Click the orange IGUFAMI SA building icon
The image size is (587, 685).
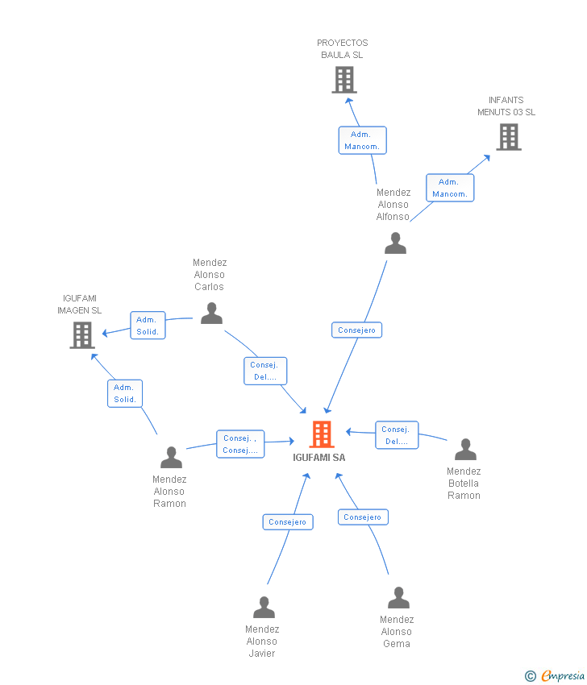pos(322,434)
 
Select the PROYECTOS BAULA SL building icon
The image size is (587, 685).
pos(344,80)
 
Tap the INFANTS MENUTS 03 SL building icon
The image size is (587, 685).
pos(509,137)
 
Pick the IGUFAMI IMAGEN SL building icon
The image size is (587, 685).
pos(82,335)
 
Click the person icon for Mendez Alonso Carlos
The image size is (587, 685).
pos(211,313)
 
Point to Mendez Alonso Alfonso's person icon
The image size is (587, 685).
pos(396,243)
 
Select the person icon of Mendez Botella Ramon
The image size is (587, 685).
pos(465,449)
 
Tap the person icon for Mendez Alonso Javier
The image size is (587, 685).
pos(264,607)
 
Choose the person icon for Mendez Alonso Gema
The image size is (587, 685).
pos(398,598)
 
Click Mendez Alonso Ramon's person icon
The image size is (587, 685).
pos(171,457)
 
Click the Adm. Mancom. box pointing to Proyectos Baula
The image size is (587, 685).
pos(362,140)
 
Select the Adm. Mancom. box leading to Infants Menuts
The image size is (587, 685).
pos(450,188)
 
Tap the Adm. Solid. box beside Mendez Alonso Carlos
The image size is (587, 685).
pos(148,326)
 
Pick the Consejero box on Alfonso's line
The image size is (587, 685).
pos(356,330)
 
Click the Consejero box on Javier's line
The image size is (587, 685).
pos(288,522)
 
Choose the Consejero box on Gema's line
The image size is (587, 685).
pos(363,517)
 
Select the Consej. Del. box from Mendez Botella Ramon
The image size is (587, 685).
pos(397,435)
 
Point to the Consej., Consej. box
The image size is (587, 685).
pos(240,444)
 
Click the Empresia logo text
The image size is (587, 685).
pos(563,675)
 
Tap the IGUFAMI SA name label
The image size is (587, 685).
pos(319,458)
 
